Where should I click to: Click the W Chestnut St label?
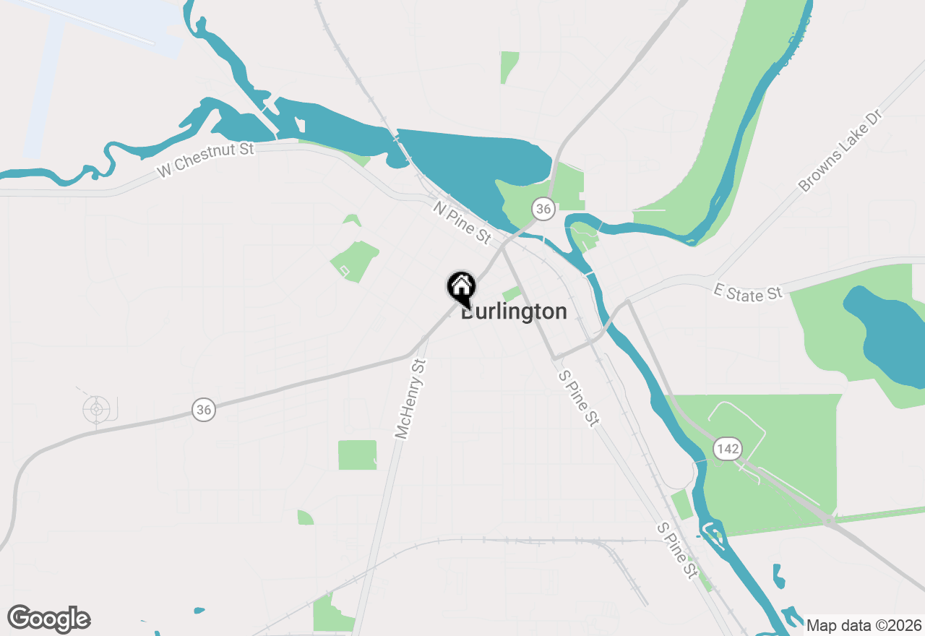point(207,160)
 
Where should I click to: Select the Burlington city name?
point(514,311)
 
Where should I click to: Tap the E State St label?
point(748,292)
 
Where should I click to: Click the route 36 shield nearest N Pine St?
point(543,210)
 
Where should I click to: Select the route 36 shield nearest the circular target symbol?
point(205,411)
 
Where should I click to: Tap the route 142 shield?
point(728,449)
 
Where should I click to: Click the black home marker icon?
point(460,287)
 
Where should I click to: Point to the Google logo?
point(49,619)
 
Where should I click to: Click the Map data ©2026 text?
point(864,625)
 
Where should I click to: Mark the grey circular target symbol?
point(96,410)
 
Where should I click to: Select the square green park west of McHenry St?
point(357,455)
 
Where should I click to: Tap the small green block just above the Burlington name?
point(512,293)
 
